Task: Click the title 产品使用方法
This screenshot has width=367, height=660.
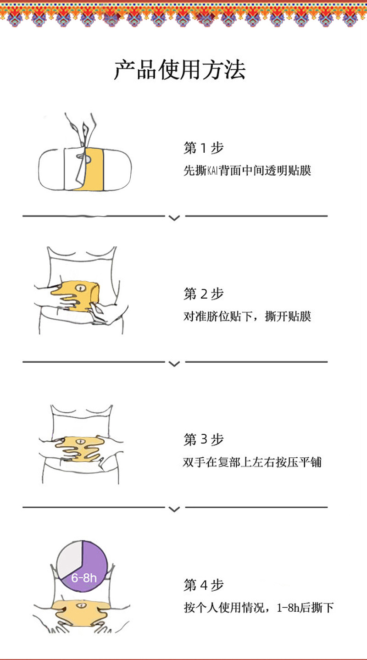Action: tap(179, 70)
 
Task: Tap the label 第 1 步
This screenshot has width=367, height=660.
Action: tap(203, 148)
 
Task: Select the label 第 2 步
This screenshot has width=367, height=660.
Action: tap(203, 294)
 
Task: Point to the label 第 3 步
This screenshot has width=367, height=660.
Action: tap(203, 439)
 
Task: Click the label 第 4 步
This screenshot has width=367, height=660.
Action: tap(203, 585)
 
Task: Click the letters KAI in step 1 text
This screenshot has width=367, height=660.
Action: tap(213, 172)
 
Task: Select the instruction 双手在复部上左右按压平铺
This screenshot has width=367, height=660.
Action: tap(252, 462)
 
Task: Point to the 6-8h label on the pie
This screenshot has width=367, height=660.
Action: tap(84, 577)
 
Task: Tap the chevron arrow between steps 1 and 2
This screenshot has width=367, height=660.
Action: tap(174, 218)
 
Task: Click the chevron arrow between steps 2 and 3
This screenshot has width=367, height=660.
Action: tap(174, 364)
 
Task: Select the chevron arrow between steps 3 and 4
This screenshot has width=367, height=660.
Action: tap(174, 509)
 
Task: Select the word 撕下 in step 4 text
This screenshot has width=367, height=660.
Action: tap(323, 609)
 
